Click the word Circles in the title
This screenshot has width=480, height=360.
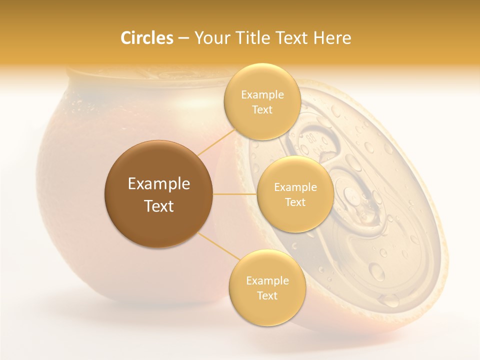coord(146,38)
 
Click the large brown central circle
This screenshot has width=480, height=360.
coord(158,194)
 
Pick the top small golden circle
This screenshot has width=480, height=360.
coord(262,101)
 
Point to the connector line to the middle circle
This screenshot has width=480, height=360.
coord(234,194)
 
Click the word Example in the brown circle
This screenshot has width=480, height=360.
coord(158,184)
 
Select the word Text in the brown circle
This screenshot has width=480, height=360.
coord(158,206)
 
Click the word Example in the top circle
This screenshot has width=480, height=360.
coord(262,95)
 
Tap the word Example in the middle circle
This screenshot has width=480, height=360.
coord(295,187)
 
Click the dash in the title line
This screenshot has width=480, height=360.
coord(183,38)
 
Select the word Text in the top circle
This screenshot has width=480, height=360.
coord(262,109)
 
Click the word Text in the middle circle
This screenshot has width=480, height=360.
coord(295,202)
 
